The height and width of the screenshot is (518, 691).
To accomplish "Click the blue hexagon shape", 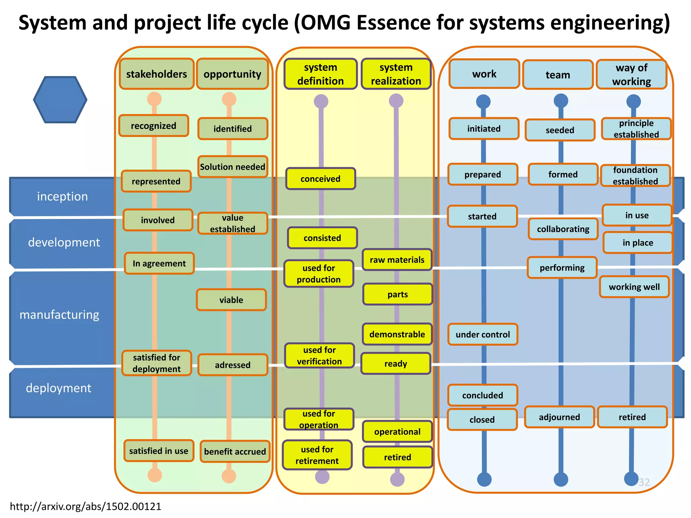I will pyautogui.click(x=60, y=99).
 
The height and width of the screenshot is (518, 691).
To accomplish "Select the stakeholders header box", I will pyautogui.click(x=157, y=74).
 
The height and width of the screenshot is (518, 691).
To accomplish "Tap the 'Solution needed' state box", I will pyautogui.click(x=232, y=167).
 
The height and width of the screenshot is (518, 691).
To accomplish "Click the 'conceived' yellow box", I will pyautogui.click(x=321, y=179).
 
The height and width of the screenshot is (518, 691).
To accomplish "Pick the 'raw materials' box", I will pyautogui.click(x=397, y=260).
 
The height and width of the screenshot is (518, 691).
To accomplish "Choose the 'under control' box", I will pyautogui.click(x=483, y=334).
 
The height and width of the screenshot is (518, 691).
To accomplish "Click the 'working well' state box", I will pyautogui.click(x=634, y=287).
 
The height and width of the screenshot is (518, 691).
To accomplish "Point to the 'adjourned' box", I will pyautogui.click(x=559, y=417).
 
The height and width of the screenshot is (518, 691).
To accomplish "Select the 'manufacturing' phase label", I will pyautogui.click(x=59, y=315).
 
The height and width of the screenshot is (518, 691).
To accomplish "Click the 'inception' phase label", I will pyautogui.click(x=62, y=196).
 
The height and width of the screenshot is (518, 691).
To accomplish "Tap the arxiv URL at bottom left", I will pyautogui.click(x=86, y=506).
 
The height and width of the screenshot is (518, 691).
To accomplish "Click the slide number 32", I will pyautogui.click(x=644, y=482).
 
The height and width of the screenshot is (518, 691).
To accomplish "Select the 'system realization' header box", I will pyautogui.click(x=396, y=74).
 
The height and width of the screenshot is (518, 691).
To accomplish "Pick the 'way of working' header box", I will pyautogui.click(x=632, y=75).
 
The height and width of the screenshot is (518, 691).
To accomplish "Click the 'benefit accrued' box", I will pyautogui.click(x=235, y=452).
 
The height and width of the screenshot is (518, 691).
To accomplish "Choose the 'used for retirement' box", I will pyautogui.click(x=317, y=455).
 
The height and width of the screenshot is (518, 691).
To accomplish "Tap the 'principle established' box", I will pyautogui.click(x=636, y=128).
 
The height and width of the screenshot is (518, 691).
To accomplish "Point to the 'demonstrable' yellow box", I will pyautogui.click(x=397, y=334).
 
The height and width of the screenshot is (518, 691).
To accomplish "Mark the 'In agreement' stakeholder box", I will pyautogui.click(x=159, y=263).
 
